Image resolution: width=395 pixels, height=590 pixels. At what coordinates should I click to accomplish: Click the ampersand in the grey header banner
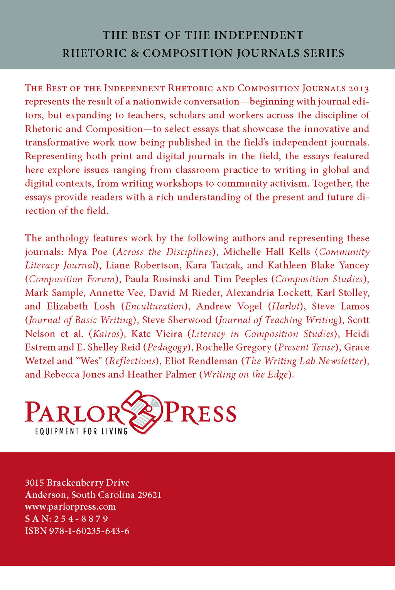click(135, 53)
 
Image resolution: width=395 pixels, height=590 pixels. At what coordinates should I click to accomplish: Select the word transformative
click(57, 142)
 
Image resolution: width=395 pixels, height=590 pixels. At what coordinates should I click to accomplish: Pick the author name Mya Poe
click(88, 252)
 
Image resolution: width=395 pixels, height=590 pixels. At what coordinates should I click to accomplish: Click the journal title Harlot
click(286, 307)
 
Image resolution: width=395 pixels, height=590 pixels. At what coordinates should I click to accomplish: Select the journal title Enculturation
click(155, 307)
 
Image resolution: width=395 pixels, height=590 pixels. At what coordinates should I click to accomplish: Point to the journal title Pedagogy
click(167, 347)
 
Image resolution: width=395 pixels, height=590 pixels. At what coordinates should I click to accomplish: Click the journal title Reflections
click(132, 361)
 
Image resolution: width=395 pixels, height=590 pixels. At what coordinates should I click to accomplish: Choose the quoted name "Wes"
click(87, 361)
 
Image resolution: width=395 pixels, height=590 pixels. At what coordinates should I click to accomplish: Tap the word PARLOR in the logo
click(73, 412)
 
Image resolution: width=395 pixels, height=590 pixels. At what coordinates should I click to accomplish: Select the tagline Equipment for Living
click(81, 431)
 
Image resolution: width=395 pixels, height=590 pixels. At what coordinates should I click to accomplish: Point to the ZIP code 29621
click(149, 495)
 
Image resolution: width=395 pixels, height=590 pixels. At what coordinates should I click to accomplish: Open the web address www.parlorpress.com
click(70, 507)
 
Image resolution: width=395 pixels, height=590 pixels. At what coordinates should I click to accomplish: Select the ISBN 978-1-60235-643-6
click(89, 531)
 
